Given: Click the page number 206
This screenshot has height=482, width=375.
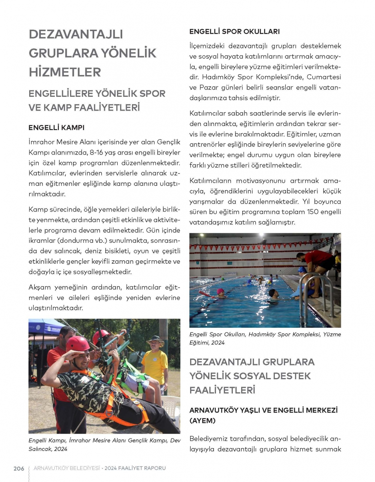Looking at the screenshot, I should tap(19, 468).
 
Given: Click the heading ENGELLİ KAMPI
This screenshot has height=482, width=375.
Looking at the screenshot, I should tap(56, 128).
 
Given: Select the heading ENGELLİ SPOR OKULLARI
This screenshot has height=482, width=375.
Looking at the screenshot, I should tap(234, 32).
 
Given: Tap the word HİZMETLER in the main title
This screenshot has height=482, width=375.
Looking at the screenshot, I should tap(65, 72).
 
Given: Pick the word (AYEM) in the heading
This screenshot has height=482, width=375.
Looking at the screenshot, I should tap(202, 420).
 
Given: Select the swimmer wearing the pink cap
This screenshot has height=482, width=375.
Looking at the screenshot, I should tap(221, 293).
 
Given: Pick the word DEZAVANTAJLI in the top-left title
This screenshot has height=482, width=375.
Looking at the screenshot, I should tap(76, 34).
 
